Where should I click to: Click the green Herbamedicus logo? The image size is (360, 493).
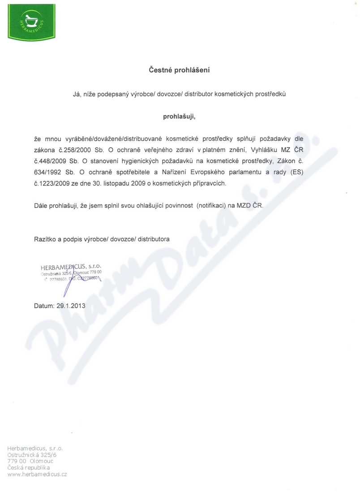click(30, 20)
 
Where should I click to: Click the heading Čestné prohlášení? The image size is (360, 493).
click(179, 70)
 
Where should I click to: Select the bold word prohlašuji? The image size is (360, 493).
click(179, 117)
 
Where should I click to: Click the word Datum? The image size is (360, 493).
click(45, 306)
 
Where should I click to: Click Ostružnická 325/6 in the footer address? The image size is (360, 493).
click(32, 454)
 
